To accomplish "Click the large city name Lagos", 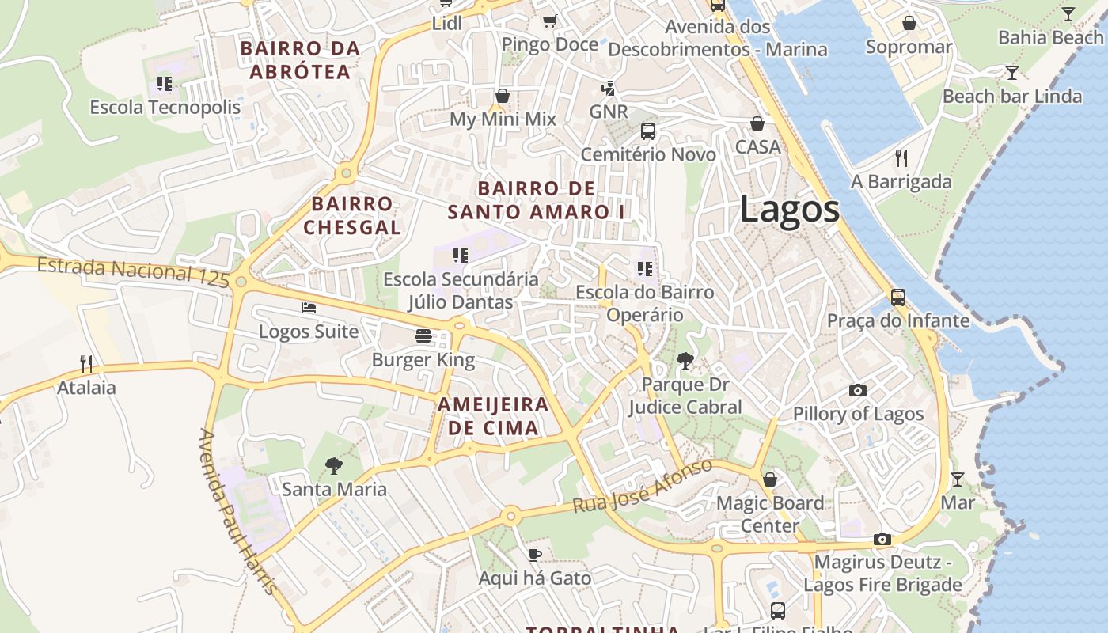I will (x=789, y=210).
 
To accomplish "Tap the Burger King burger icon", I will (x=423, y=336).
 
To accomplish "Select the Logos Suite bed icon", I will (x=309, y=307).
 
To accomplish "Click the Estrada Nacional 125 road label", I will (x=133, y=271).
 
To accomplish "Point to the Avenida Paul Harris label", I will (x=237, y=512).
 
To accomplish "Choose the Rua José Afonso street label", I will (x=643, y=486).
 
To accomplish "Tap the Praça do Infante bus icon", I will (x=898, y=298).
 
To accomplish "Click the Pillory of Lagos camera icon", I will (x=857, y=390).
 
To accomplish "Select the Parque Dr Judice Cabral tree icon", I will (x=685, y=361).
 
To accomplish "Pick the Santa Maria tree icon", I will (x=335, y=465).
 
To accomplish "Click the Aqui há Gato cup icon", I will (x=535, y=555).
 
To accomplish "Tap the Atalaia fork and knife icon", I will (x=86, y=364).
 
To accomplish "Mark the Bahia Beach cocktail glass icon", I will (x=1068, y=13).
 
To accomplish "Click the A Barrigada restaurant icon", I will (x=901, y=157).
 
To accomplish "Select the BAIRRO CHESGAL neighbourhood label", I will (x=352, y=215).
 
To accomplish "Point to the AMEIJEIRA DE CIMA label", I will (x=493, y=416).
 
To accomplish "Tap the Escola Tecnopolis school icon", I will (x=165, y=83).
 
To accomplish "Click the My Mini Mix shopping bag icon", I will (x=503, y=97).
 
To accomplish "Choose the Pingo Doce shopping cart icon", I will (x=549, y=21).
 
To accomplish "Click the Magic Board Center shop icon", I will (x=770, y=479).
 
